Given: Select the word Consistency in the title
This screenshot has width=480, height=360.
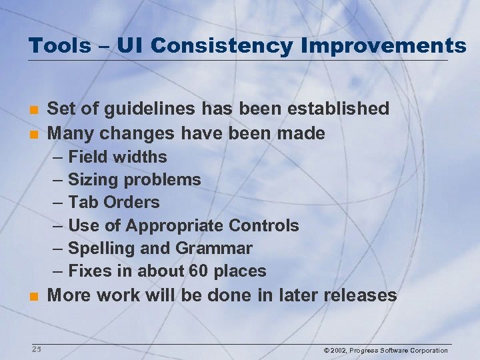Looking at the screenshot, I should [x=221, y=45].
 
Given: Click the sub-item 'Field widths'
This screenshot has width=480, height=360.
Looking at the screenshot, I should [x=117, y=157].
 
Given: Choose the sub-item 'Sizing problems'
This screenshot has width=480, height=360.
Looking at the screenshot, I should [x=134, y=180].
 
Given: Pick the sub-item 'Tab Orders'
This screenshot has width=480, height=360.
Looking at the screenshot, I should [x=114, y=203].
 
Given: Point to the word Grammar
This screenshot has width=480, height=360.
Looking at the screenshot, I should [x=214, y=249].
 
